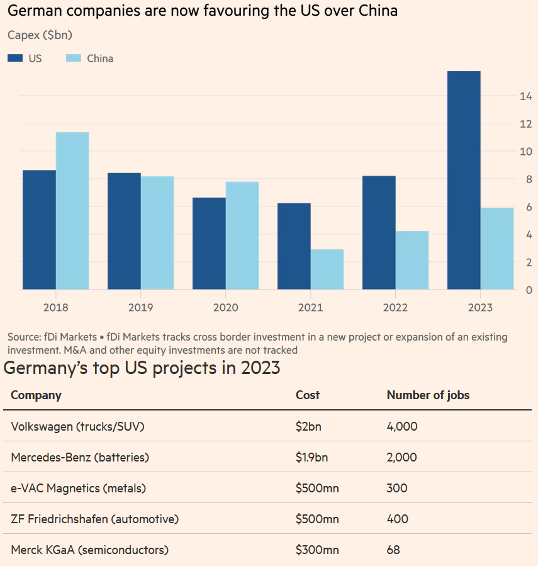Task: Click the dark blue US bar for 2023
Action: pyautogui.click(x=464, y=180)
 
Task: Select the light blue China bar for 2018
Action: pyautogui.click(x=72, y=210)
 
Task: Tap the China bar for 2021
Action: pyautogui.click(x=327, y=269)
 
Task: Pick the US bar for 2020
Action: pyautogui.click(x=209, y=243)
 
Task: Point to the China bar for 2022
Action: pyautogui.click(x=412, y=260)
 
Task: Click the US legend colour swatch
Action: pyautogui.click(x=15, y=58)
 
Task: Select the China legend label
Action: pyautogui.click(x=100, y=59)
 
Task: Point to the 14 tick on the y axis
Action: pyautogui.click(x=526, y=96)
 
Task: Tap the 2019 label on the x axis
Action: pyautogui.click(x=140, y=308)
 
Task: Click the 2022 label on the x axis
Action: pyautogui.click(x=395, y=308)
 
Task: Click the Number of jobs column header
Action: pyautogui.click(x=428, y=395)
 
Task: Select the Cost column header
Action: pyautogui.click(x=308, y=395)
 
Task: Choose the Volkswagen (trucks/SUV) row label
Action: pyautogui.click(x=78, y=426)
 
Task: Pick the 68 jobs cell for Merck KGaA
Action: pyautogui.click(x=393, y=550)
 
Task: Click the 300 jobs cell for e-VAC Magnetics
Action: pyautogui.click(x=397, y=488)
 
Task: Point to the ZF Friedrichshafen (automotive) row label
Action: pyautogui.click(x=95, y=519)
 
